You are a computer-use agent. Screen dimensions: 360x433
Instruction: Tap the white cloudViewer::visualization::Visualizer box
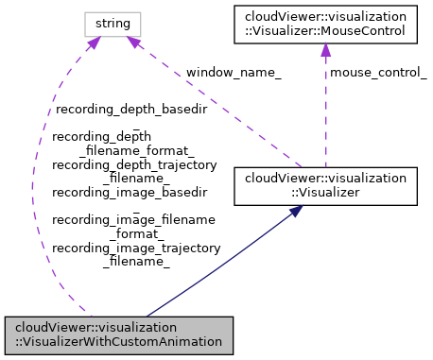click(325, 184)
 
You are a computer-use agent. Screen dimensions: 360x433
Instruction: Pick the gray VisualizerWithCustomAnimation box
click(118, 334)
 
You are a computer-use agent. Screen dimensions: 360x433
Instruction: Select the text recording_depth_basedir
click(130, 110)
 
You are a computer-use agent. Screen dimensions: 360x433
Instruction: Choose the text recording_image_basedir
click(130, 192)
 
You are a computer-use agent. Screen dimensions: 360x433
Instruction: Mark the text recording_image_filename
click(134, 219)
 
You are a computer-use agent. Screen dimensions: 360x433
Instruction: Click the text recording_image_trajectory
click(136, 248)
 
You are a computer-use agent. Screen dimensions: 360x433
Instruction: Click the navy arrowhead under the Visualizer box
click(295, 213)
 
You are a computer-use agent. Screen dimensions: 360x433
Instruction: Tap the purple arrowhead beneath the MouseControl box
click(325, 49)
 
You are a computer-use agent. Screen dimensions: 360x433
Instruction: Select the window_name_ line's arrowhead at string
click(135, 43)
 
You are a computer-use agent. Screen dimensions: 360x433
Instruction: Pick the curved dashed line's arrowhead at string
click(94, 43)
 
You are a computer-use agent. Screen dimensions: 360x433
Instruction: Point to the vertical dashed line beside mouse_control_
click(325, 113)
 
